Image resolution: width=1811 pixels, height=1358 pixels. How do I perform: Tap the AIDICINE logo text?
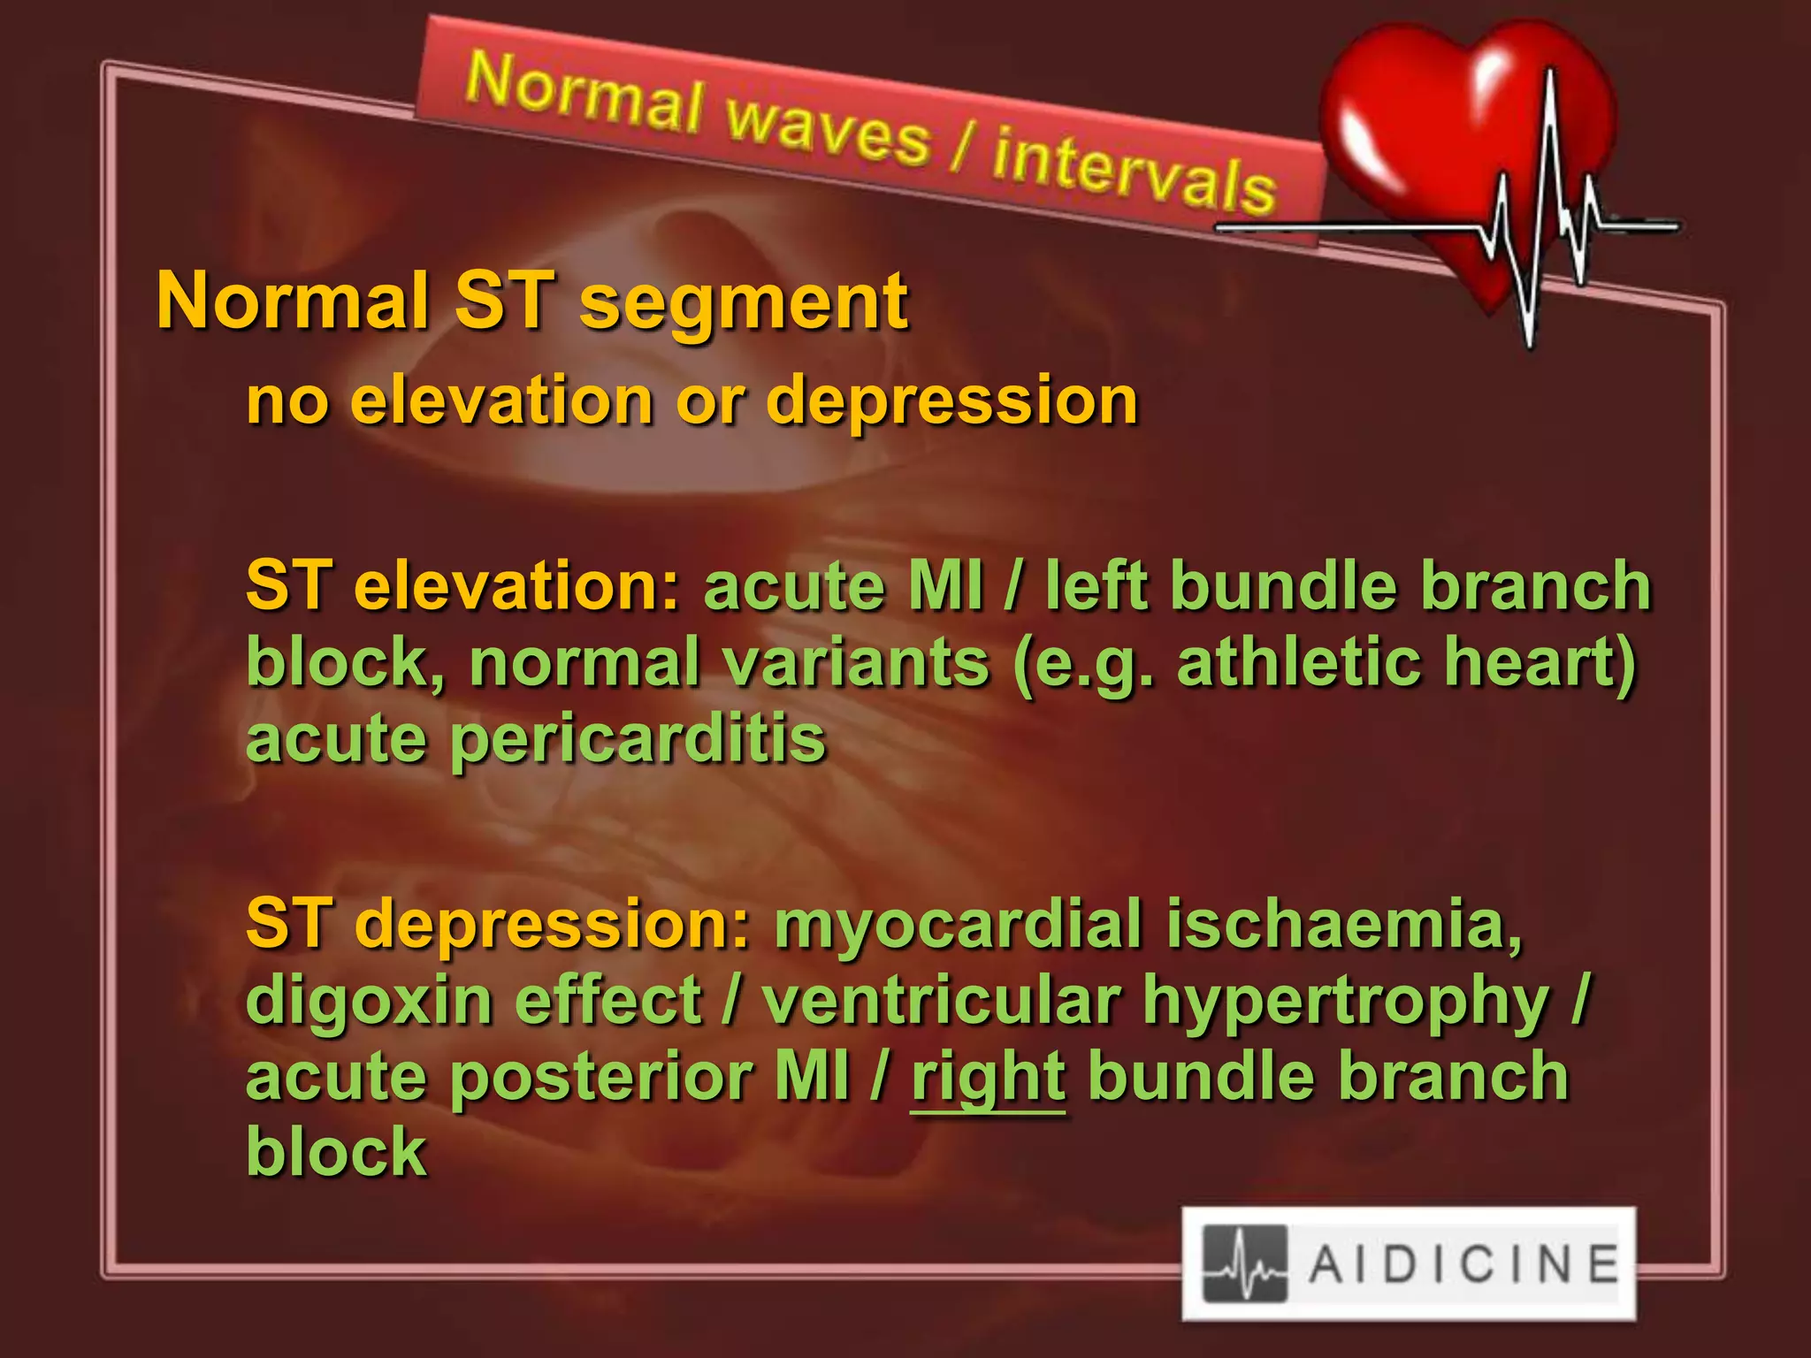point(1463,1263)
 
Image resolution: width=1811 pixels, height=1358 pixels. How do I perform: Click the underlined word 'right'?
point(988,1079)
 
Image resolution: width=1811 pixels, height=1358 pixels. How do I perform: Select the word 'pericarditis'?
point(638,741)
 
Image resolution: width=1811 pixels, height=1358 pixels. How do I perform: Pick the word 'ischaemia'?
point(1344,924)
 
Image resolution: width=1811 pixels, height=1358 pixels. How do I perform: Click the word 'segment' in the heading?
point(743,302)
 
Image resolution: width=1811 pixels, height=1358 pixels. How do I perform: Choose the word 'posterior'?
point(600,1079)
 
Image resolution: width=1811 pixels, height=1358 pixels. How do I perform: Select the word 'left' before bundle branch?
point(1097,586)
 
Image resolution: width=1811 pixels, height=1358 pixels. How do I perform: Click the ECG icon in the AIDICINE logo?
point(1245,1263)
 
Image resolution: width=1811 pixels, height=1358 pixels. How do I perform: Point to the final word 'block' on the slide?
point(336,1152)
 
